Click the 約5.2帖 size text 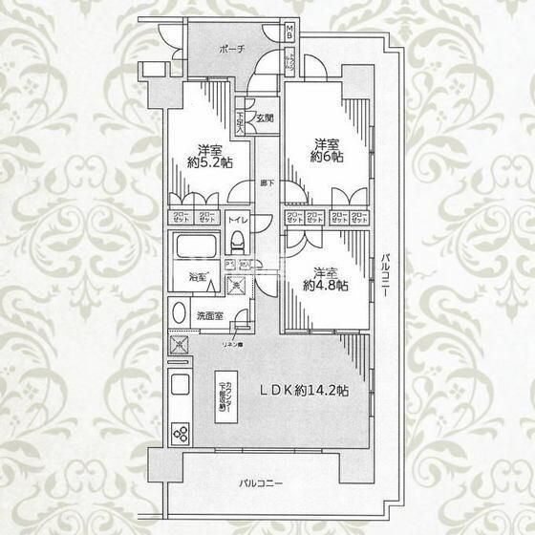[x=209, y=163]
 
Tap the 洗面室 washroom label [x=211, y=315]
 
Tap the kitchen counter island [x=222, y=393]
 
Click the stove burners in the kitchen [x=180, y=431]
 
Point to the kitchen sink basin [x=179, y=389]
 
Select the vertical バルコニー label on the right [x=383, y=276]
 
